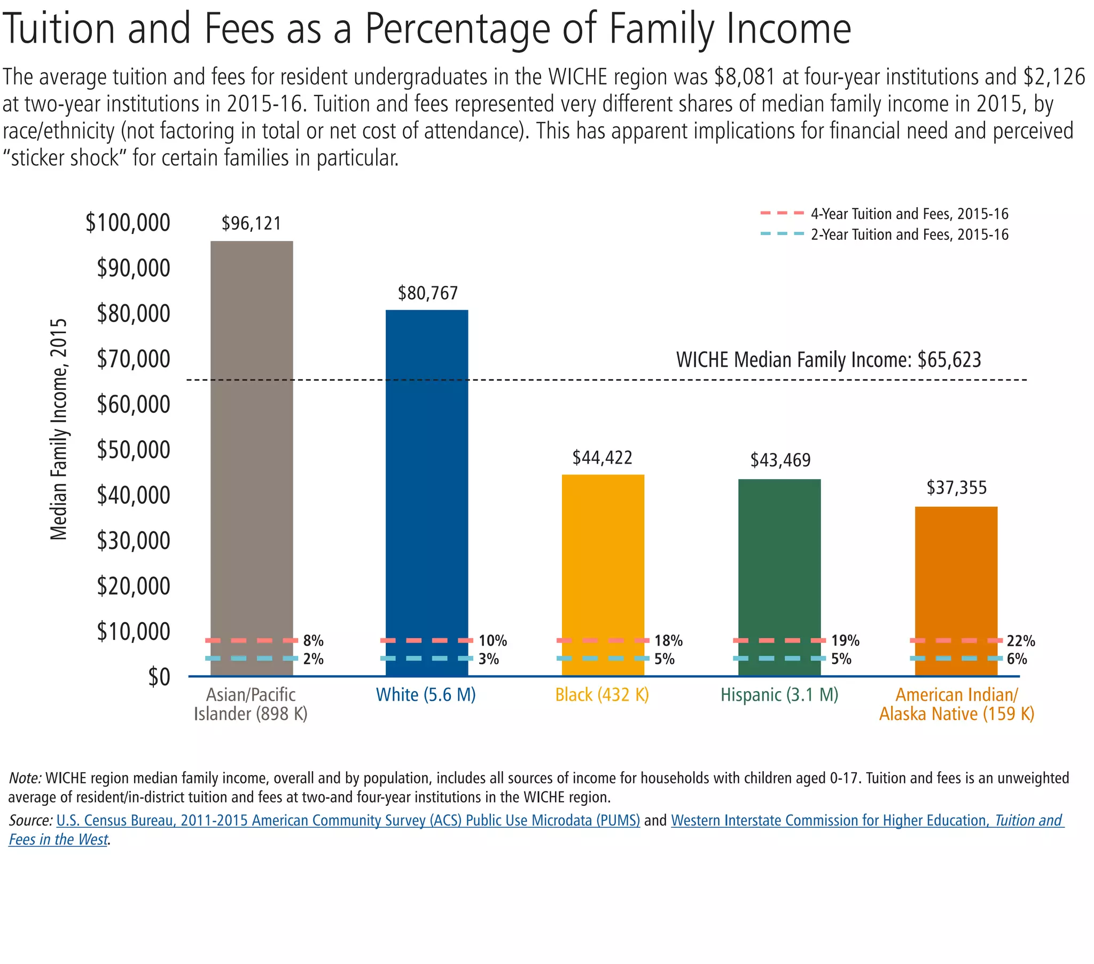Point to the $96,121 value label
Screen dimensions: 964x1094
pyautogui.click(x=252, y=223)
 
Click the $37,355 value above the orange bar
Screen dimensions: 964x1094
pyautogui.click(x=956, y=488)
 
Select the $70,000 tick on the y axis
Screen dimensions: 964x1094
pyautogui.click(x=133, y=358)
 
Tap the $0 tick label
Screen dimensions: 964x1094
pyautogui.click(x=159, y=677)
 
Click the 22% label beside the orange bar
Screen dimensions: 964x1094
pyautogui.click(x=1021, y=641)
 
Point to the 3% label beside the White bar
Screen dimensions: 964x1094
pyautogui.click(x=489, y=659)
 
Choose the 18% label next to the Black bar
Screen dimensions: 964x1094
pyautogui.click(x=668, y=641)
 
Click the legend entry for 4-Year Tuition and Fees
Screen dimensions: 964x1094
pyautogui.click(x=909, y=214)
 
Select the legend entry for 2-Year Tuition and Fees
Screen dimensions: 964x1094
pyautogui.click(x=909, y=234)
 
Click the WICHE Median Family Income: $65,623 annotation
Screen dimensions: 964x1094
pyautogui.click(x=829, y=359)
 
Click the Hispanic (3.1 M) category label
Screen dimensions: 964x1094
pyautogui.click(x=779, y=695)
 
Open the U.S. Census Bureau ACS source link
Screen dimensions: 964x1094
pyautogui.click(x=348, y=820)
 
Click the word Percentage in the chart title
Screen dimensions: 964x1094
pyautogui.click(x=458, y=29)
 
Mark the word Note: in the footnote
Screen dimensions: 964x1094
pyautogui.click(x=25, y=778)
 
